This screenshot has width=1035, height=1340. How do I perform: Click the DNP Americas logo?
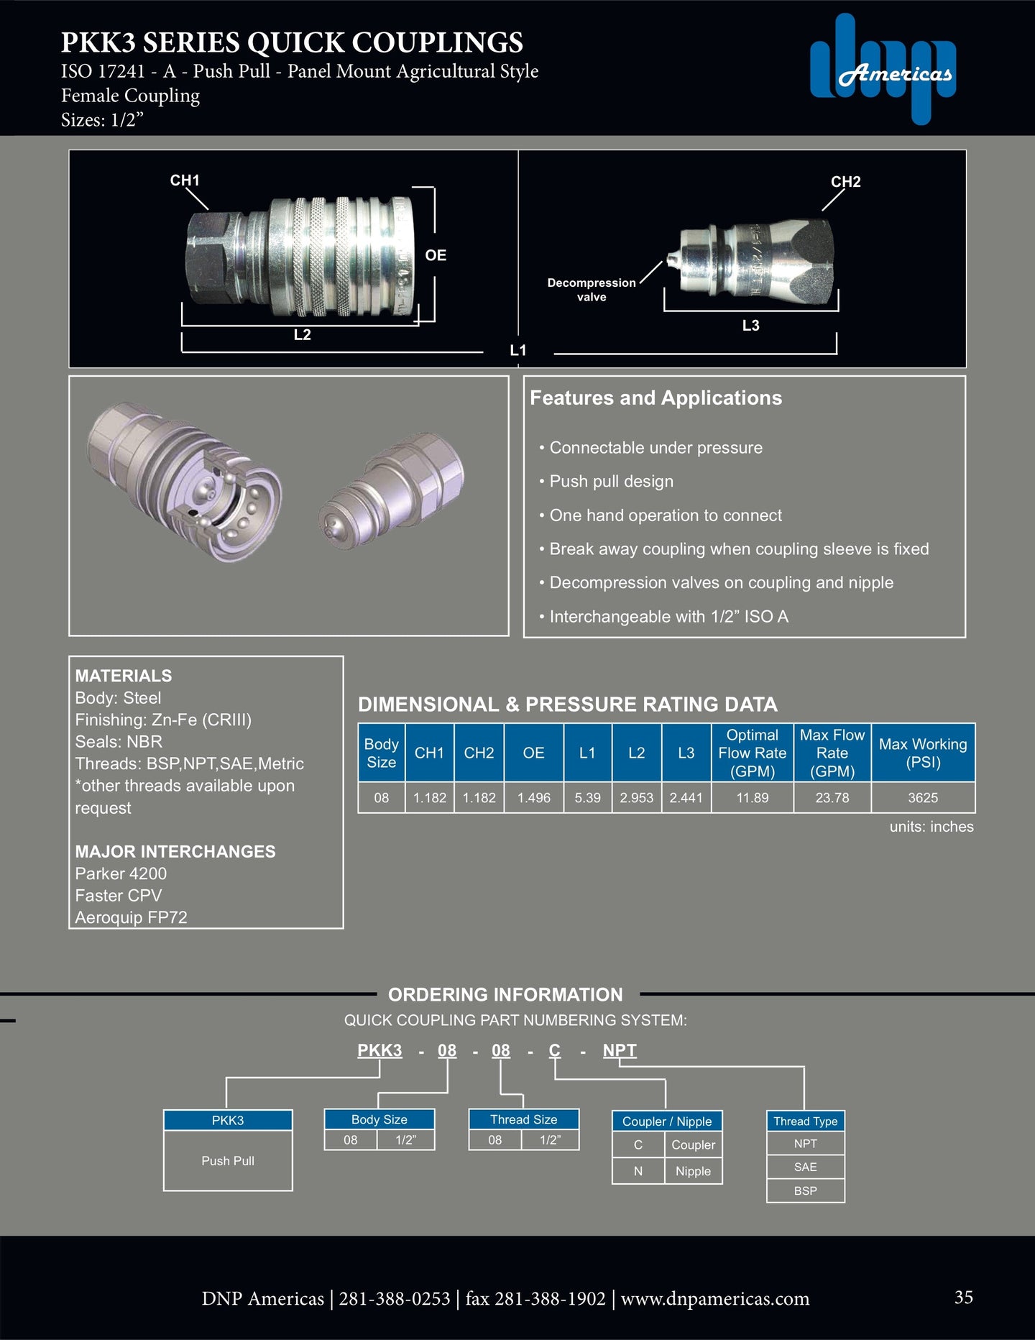point(883,70)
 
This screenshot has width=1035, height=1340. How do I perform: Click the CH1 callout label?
point(185,180)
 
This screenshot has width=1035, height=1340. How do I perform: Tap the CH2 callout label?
point(845,182)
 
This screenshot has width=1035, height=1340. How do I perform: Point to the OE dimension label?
point(436,255)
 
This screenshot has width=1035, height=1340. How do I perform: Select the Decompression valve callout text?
point(592,290)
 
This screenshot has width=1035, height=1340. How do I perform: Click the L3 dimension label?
point(750,326)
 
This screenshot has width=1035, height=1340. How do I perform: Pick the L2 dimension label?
point(302,335)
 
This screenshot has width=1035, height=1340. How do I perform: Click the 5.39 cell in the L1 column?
point(587,798)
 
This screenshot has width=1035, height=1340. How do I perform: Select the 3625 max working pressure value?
point(923,798)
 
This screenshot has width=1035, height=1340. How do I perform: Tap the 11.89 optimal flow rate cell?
point(752,798)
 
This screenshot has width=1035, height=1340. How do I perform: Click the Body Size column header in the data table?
point(381,753)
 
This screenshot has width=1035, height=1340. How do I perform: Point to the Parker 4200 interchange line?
point(121,873)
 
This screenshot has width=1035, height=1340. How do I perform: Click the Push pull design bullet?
point(611,482)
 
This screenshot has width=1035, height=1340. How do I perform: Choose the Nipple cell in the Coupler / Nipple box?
point(693,1171)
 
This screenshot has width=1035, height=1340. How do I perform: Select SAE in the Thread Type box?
point(805,1167)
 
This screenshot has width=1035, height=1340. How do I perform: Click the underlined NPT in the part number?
point(620,1050)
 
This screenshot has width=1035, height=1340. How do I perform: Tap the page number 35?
point(963,1297)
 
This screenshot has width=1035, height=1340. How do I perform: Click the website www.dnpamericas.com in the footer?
point(714,1299)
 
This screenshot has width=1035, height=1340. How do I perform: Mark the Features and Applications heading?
point(655,398)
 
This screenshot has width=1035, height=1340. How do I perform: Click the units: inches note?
point(931,827)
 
